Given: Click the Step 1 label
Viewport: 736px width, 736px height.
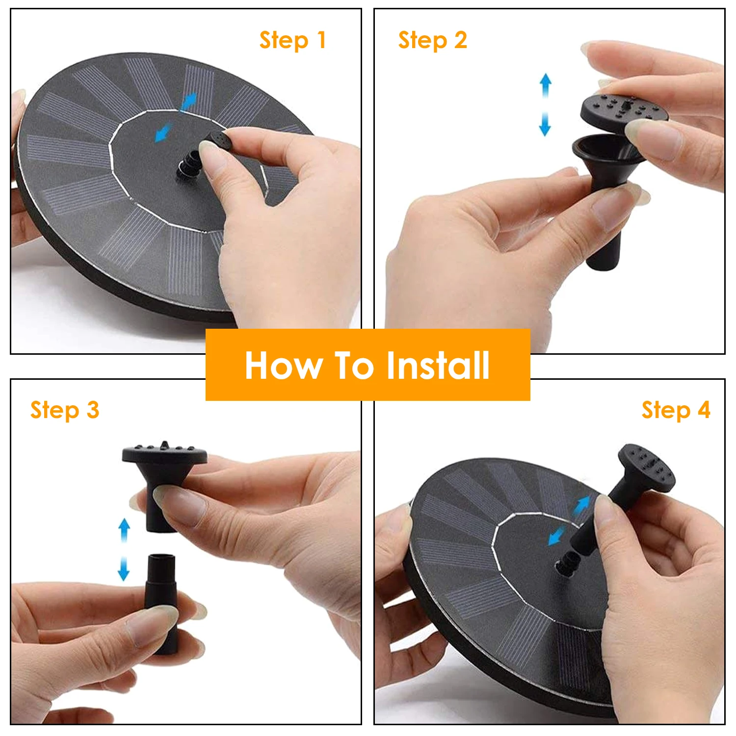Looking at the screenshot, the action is (292, 41).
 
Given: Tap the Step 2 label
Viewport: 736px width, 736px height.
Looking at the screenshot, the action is (432, 41).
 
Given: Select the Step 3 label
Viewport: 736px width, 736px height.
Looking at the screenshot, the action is (65, 411).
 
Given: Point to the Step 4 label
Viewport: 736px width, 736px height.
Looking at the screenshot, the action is (676, 411).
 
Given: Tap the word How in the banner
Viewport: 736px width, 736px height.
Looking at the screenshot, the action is (284, 366).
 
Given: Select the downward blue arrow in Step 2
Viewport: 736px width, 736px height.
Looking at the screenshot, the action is (545, 123).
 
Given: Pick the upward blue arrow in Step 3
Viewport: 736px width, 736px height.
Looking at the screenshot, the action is (125, 530).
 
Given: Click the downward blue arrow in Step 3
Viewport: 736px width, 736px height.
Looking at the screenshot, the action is (124, 568).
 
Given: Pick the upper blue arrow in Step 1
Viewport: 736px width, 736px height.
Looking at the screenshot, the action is (189, 102).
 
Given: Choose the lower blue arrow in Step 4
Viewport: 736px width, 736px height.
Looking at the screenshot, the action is (556, 537).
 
